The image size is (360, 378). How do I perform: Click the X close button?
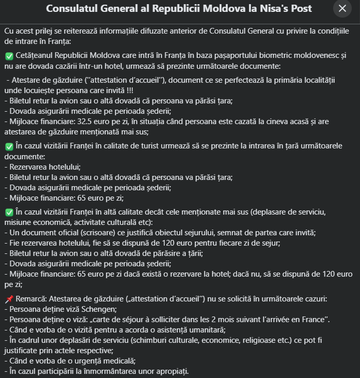point(342,9)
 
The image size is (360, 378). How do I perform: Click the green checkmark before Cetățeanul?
point(9,54)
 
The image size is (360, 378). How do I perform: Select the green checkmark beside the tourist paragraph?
point(9,147)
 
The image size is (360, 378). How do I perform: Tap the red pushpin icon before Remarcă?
point(9,299)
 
